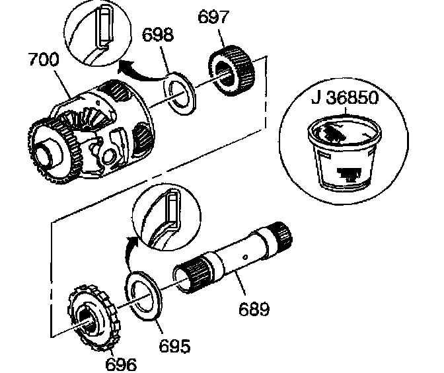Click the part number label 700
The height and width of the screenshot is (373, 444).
43,60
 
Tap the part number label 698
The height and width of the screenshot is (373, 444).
159,34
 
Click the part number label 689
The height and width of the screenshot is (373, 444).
254,309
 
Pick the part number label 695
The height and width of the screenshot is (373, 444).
174,345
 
